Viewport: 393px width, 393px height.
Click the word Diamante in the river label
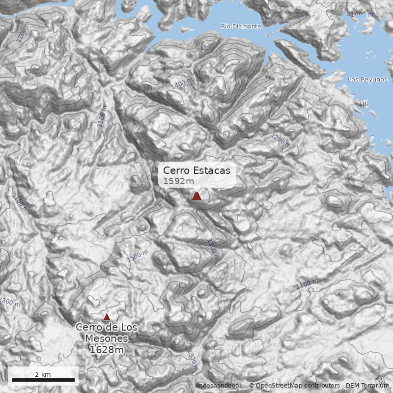point(244,26)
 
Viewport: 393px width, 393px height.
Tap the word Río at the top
point(225,26)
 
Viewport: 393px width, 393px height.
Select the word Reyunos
point(374,79)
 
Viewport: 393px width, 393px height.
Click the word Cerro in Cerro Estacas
point(176,170)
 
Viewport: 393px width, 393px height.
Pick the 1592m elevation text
point(178,181)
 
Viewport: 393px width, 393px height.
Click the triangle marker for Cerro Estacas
point(196,196)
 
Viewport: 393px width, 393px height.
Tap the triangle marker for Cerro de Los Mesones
point(107,317)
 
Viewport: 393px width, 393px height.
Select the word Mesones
point(106,338)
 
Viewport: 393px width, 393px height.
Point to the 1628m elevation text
point(106,350)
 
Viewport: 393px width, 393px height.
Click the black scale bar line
point(43,380)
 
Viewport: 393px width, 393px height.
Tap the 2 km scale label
point(43,374)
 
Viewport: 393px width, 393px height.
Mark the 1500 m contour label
point(137,255)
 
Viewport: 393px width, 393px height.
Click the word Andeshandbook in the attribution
point(218,386)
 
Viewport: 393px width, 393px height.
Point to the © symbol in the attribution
point(252,386)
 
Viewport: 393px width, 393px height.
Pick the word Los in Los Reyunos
point(353,79)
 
